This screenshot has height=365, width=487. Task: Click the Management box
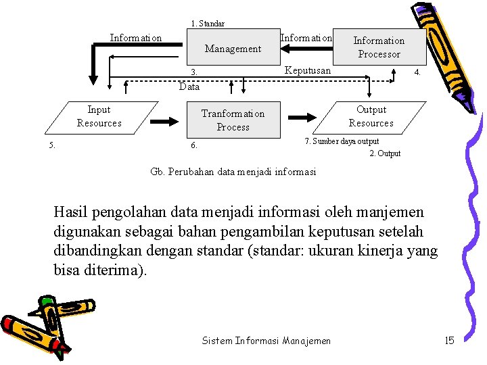click(233, 49)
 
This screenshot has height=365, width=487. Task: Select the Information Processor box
click(379, 47)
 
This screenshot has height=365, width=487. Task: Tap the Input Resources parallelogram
click(99, 116)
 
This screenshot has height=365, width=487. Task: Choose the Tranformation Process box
click(233, 120)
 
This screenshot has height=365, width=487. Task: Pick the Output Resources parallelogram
click(371, 116)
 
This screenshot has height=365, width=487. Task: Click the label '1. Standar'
click(208, 24)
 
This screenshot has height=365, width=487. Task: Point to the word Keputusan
click(308, 70)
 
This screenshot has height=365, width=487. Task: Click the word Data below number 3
click(189, 87)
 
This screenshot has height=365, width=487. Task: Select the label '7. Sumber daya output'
click(342, 141)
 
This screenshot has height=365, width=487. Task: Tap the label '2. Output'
click(385, 153)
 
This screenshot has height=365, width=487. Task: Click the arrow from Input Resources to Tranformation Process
click(164, 121)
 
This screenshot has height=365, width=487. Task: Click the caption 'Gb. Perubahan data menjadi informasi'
click(233, 172)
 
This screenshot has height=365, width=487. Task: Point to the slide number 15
click(449, 340)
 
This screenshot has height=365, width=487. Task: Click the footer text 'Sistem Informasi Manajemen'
click(266, 341)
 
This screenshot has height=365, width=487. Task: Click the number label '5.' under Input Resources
click(52, 145)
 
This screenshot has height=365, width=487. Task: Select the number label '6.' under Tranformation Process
click(193, 145)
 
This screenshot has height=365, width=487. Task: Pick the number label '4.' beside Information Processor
click(417, 72)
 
